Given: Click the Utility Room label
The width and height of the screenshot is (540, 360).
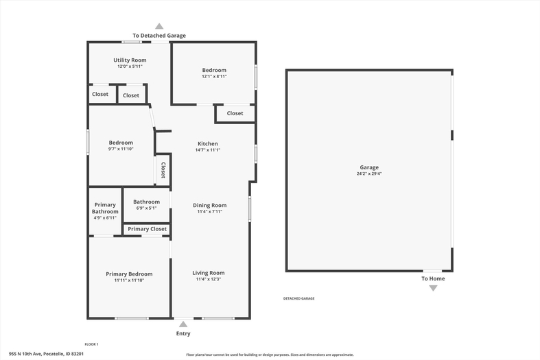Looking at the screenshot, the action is (130, 60).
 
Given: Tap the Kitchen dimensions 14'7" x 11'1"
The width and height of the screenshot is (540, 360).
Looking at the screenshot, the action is (208, 150).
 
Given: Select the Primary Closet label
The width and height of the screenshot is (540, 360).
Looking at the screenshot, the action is (147, 229).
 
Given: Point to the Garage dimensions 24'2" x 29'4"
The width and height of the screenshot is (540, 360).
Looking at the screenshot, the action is (369, 173).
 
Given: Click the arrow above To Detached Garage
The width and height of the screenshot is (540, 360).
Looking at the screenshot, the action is (159, 26).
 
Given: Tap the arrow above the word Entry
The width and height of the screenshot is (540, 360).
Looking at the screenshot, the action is (183, 324).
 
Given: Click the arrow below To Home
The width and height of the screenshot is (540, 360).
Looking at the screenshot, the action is (433, 289).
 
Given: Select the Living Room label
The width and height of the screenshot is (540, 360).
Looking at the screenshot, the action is (209, 273).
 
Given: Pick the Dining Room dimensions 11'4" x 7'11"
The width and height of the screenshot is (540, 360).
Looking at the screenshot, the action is (210, 212).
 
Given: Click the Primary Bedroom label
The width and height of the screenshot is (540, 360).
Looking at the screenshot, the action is (129, 274).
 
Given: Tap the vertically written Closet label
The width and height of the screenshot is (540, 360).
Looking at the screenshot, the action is (163, 170).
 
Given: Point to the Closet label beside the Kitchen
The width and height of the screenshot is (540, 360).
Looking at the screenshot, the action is (235, 113).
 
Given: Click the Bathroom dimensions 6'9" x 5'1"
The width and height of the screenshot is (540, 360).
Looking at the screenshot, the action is (146, 208).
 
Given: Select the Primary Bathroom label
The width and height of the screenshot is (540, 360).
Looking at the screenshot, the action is (105, 208).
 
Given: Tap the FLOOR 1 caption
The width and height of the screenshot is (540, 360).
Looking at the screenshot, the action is (92, 344).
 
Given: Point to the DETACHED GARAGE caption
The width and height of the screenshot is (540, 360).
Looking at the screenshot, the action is (299, 298).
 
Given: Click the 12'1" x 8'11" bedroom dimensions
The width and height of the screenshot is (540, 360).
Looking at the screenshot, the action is (214, 76).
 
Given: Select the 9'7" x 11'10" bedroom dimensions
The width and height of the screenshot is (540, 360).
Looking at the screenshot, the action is (121, 149).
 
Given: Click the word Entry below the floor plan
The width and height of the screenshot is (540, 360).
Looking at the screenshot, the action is (183, 333).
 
